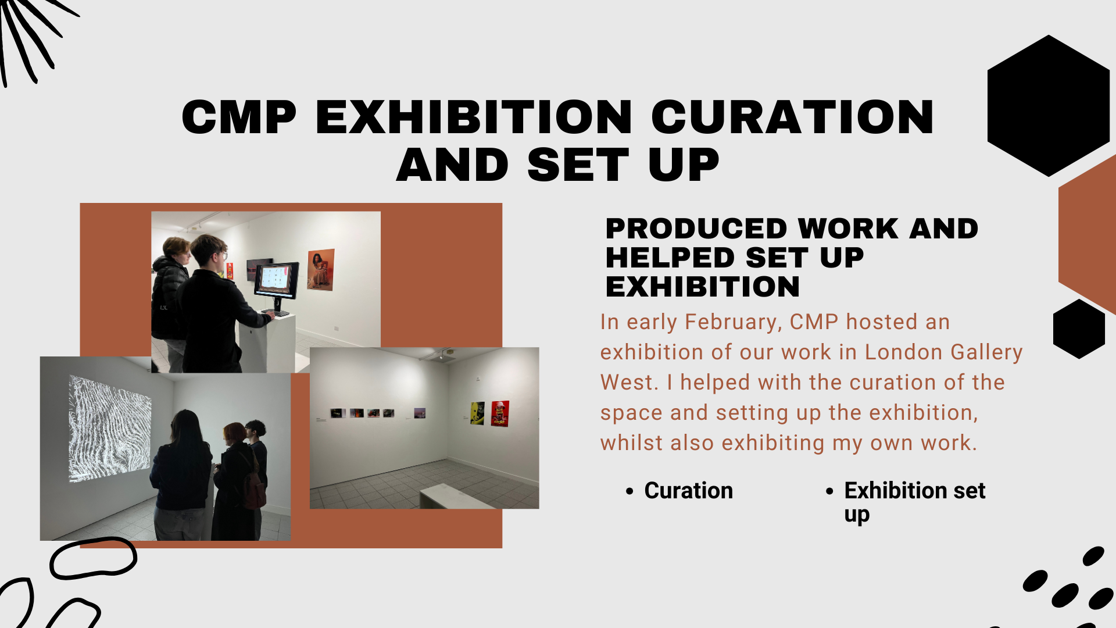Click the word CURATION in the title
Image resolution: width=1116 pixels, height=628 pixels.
coord(793,117)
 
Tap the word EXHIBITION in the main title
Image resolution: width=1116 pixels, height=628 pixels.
coord(474,117)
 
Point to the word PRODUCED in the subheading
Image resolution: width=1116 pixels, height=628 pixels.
coord(696,229)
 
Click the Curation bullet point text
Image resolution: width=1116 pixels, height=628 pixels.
coord(688,491)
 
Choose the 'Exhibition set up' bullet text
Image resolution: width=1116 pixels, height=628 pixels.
coord(914,502)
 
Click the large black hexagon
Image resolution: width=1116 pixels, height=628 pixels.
coord(1049,106)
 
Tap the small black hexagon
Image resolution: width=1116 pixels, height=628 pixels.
coord(1079,329)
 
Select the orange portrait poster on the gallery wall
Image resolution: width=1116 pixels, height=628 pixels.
coord(321,269)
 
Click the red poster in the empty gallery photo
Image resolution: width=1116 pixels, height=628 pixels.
coord(500,413)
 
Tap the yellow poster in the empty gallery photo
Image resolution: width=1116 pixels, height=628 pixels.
coord(477,413)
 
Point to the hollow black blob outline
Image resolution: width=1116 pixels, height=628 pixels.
coord(94,558)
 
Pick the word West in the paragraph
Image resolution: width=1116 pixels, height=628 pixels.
coord(628,383)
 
